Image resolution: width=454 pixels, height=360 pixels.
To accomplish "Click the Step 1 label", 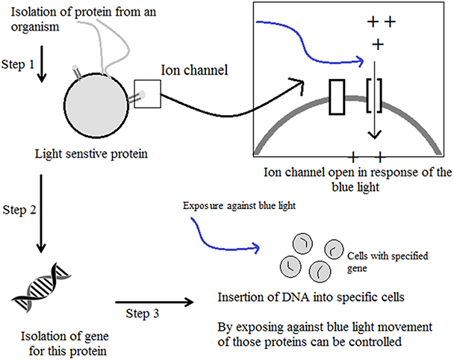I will click(x=18, y=65).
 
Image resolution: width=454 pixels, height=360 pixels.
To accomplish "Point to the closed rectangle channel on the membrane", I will click(x=335, y=97).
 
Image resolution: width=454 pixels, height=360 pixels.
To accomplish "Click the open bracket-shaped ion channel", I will click(x=375, y=97).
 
